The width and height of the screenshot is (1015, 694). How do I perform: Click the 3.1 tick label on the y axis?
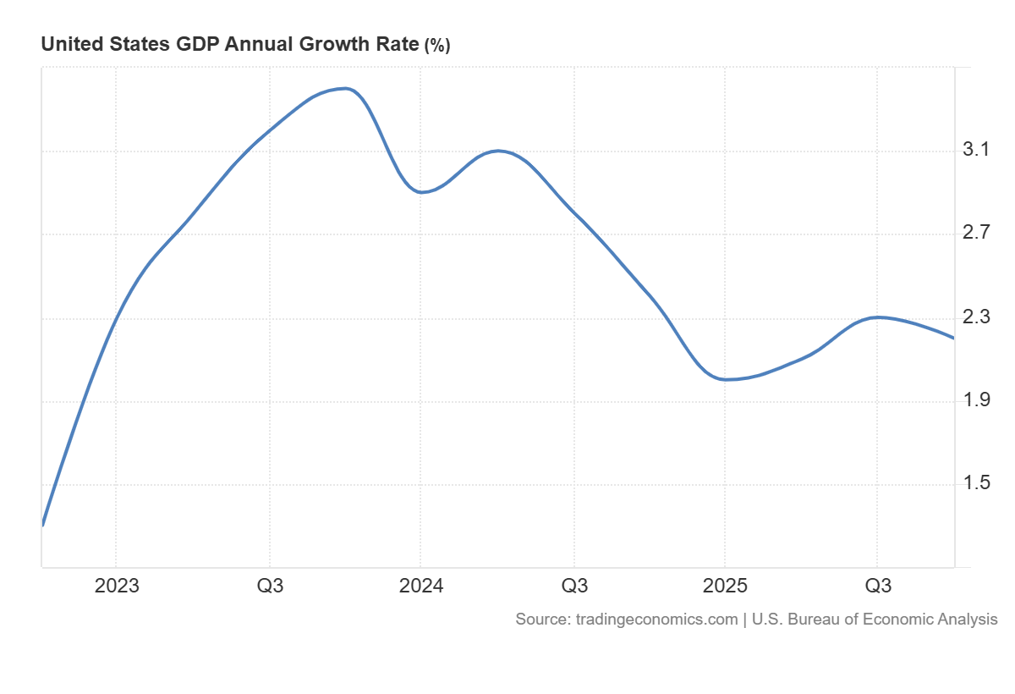point(976,151)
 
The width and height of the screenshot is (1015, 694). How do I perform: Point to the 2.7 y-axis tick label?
point(976,234)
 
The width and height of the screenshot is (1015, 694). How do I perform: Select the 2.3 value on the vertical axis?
point(976,317)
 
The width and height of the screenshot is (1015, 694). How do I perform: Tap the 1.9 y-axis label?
point(976,400)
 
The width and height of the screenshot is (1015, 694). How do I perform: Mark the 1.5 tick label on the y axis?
point(976,484)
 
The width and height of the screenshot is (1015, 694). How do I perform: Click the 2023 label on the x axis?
point(117,587)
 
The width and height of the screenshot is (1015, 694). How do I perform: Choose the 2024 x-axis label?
point(420,587)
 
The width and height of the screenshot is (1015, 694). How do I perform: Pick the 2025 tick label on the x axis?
point(725,587)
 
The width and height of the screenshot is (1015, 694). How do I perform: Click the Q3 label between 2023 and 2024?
point(270,587)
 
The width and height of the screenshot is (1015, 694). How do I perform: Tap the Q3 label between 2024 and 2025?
point(574,587)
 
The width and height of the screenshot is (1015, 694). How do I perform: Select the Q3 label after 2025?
point(877,587)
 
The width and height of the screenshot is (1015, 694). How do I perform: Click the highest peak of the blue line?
point(343,88)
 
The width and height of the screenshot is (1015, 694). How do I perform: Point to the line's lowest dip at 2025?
point(726,379)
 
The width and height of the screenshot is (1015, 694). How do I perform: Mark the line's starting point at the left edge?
point(42,525)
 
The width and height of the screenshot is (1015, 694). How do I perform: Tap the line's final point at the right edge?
point(954,338)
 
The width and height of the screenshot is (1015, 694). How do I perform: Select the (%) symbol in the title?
point(437,46)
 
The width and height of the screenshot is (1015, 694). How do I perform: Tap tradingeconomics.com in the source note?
point(656,620)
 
